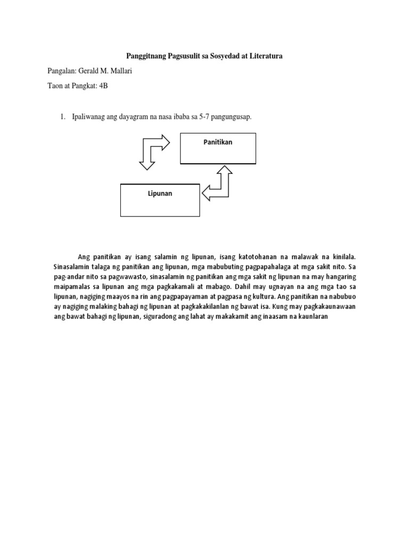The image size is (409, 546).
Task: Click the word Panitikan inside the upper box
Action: click(x=218, y=142)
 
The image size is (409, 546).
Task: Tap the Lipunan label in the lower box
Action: click(x=160, y=194)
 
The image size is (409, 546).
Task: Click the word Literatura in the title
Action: click(x=263, y=55)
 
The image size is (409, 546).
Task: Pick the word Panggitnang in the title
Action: click(x=148, y=55)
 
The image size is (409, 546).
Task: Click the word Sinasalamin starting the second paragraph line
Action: click(x=73, y=267)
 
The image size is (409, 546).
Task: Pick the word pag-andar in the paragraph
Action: click(x=69, y=277)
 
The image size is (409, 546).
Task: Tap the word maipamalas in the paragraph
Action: click(x=72, y=287)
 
